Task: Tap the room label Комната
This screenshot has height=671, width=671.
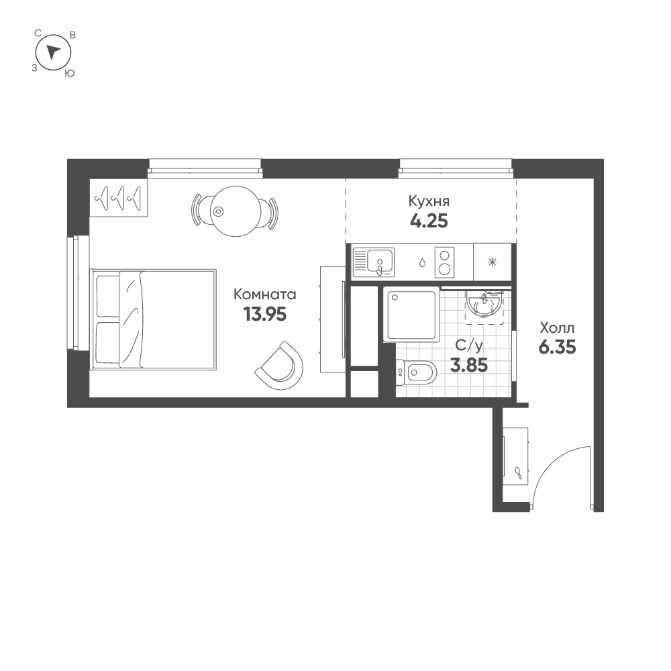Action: click(264, 294)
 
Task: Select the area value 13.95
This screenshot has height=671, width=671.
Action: click(264, 314)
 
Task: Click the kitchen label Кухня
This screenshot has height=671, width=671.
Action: click(429, 201)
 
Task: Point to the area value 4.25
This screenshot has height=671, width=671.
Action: click(429, 220)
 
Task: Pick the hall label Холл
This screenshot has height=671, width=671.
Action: click(557, 328)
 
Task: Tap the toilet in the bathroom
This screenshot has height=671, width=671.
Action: click(417, 371)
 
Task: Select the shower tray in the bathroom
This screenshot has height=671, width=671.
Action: click(411, 315)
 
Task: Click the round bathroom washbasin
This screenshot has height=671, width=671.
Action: click(483, 305)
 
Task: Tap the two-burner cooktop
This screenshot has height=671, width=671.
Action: click(444, 262)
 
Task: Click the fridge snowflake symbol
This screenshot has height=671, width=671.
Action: click(493, 262)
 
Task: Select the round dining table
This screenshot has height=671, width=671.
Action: click(234, 211)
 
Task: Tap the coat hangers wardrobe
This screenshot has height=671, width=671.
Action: click(119, 199)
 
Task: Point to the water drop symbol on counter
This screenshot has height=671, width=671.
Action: click(421, 262)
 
